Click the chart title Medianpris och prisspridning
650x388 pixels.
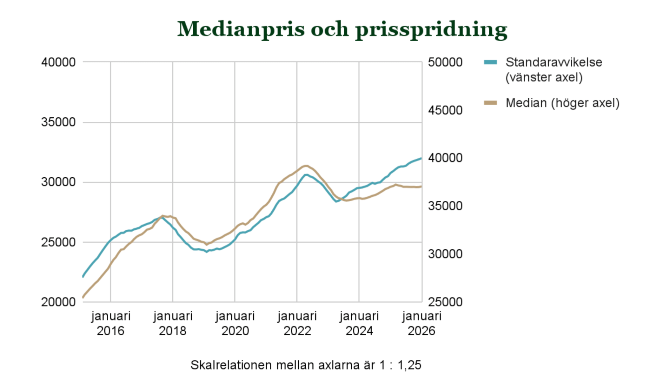pyautogui.click(x=342, y=29)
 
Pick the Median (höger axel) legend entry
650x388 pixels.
pyautogui.click(x=562, y=103)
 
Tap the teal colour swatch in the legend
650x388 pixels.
pyautogui.click(x=490, y=62)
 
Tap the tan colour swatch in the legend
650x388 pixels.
pyautogui.click(x=490, y=103)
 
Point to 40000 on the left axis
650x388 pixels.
pyautogui.click(x=58, y=62)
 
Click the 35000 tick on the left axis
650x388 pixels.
pyautogui.click(x=58, y=122)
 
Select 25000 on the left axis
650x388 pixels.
pyautogui.click(x=58, y=242)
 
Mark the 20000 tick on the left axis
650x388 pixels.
pyautogui.click(x=58, y=302)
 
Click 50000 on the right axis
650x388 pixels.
pyautogui.click(x=445, y=62)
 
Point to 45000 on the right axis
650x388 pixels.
pyautogui.click(x=445, y=110)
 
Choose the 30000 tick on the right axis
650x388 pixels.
pyautogui.click(x=445, y=254)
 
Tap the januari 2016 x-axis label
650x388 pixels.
pyautogui.click(x=110, y=323)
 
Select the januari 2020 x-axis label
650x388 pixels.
pyautogui.click(x=235, y=323)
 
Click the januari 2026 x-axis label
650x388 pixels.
pyautogui.click(x=421, y=323)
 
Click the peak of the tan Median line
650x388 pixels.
pyautogui.click(x=306, y=166)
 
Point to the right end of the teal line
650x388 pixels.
pyautogui.click(x=421, y=158)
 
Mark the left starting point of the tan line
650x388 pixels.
pyautogui.click(x=83, y=297)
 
